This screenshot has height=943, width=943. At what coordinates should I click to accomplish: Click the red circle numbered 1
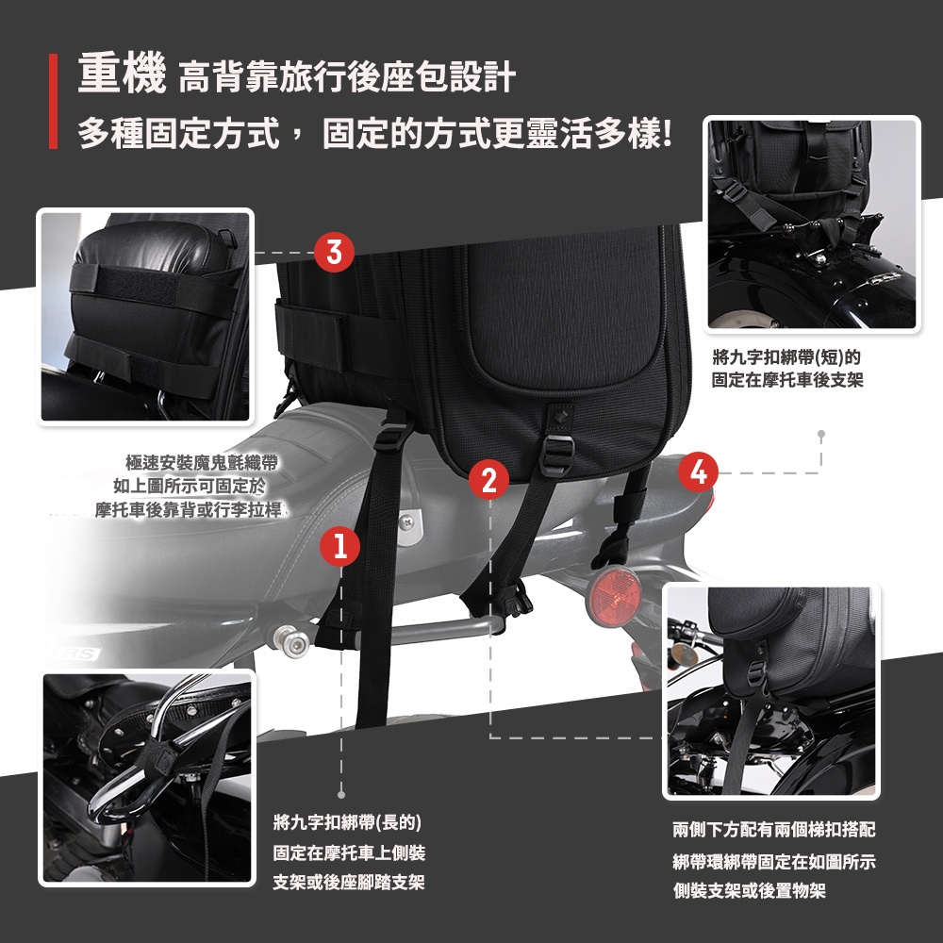[340, 546]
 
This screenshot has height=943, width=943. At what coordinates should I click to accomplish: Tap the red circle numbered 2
[488, 479]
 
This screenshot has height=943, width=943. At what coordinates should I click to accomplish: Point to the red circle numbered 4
[698, 471]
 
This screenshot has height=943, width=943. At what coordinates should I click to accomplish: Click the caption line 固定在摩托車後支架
[786, 380]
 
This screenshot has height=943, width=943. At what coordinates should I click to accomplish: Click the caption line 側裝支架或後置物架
[749, 890]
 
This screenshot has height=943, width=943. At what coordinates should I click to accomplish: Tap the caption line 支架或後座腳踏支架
[348, 883]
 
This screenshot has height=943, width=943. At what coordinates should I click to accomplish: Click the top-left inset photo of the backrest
[146, 315]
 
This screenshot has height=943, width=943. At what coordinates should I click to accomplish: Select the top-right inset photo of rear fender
[812, 223]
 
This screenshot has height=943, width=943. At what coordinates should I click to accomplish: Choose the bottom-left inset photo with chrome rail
[147, 777]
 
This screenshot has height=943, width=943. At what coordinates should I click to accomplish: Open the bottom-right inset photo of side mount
[771, 691]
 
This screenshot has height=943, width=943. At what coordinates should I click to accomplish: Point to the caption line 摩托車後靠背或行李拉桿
[189, 510]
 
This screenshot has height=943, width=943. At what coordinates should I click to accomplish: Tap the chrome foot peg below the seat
[291, 641]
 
